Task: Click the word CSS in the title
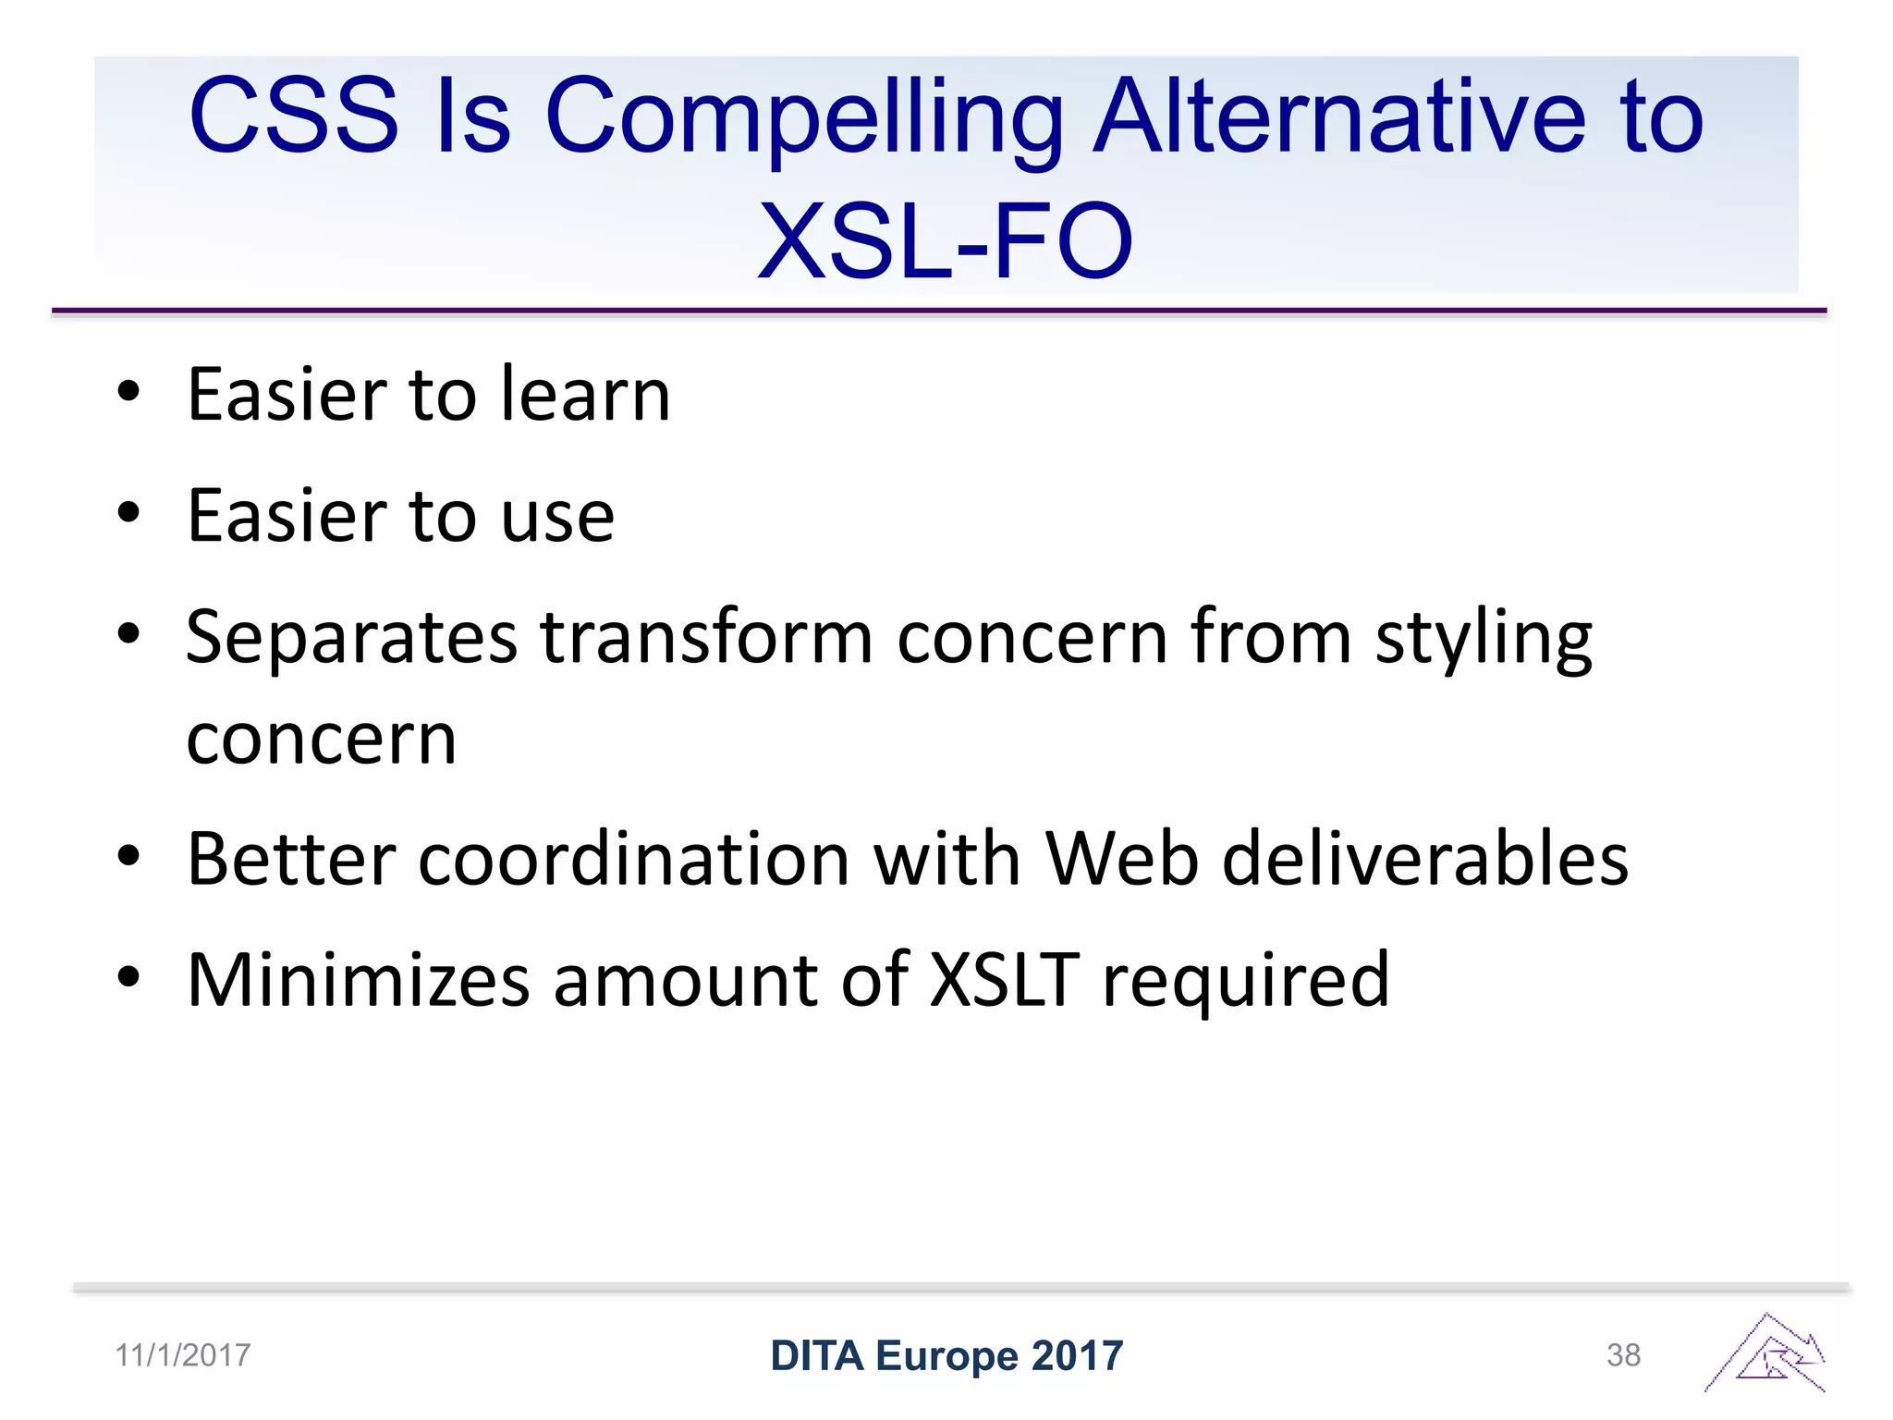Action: pos(294,116)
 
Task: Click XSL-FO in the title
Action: pos(945,241)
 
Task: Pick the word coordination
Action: pos(633,859)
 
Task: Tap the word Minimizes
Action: pos(358,980)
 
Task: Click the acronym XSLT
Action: pos(1004,980)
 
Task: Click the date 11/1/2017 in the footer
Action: pos(182,1355)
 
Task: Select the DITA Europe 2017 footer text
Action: pos(946,1356)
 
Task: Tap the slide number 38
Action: pos(1623,1355)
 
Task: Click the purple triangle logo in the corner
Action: pos(1766,1354)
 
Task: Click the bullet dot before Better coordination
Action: pos(128,857)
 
